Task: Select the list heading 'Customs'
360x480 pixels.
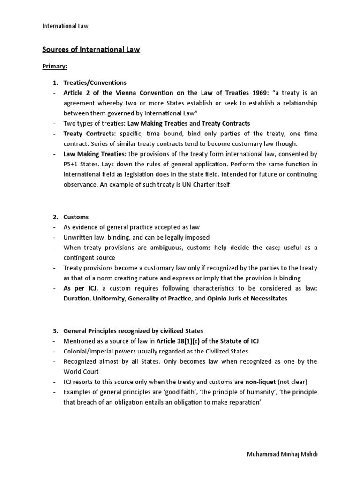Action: tap(76, 217)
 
